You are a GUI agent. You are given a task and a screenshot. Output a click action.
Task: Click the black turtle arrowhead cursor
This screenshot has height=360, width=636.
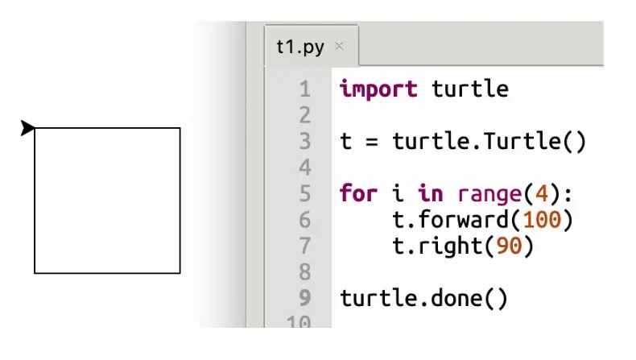click(x=27, y=127)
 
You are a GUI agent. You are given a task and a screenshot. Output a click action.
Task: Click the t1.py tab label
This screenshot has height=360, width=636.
click(x=299, y=47)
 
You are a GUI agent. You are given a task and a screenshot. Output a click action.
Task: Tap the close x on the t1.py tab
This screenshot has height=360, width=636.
click(x=339, y=47)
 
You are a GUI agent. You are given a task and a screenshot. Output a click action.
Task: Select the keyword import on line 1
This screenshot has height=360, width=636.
click(x=378, y=88)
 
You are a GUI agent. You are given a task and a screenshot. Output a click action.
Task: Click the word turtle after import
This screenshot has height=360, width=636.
click(x=470, y=88)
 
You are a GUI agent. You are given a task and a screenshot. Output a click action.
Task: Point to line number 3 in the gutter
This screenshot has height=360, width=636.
click(x=304, y=141)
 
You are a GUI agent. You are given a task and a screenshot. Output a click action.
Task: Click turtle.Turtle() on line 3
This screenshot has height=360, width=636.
click(x=489, y=141)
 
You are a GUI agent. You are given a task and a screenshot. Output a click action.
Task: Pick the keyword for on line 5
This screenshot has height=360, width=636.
click(x=358, y=193)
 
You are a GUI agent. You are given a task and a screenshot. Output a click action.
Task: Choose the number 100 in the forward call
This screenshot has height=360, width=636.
click(x=541, y=220)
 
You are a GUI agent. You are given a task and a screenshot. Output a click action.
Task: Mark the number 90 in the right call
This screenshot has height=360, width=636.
click(x=509, y=246)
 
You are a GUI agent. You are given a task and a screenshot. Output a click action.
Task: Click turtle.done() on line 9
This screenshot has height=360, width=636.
click(x=423, y=298)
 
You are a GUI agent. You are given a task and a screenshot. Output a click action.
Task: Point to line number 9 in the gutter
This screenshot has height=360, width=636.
click(x=304, y=298)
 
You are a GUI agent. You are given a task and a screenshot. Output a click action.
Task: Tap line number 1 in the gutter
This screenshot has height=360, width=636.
click(x=304, y=88)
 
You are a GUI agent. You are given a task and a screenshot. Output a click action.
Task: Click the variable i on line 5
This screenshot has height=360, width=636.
click(x=397, y=193)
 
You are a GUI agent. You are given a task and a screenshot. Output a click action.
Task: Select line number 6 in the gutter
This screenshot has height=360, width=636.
click(x=304, y=220)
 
